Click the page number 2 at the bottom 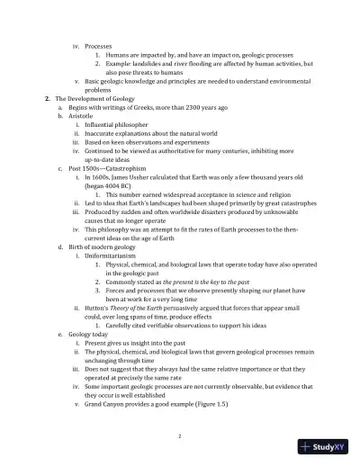(180, 435)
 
